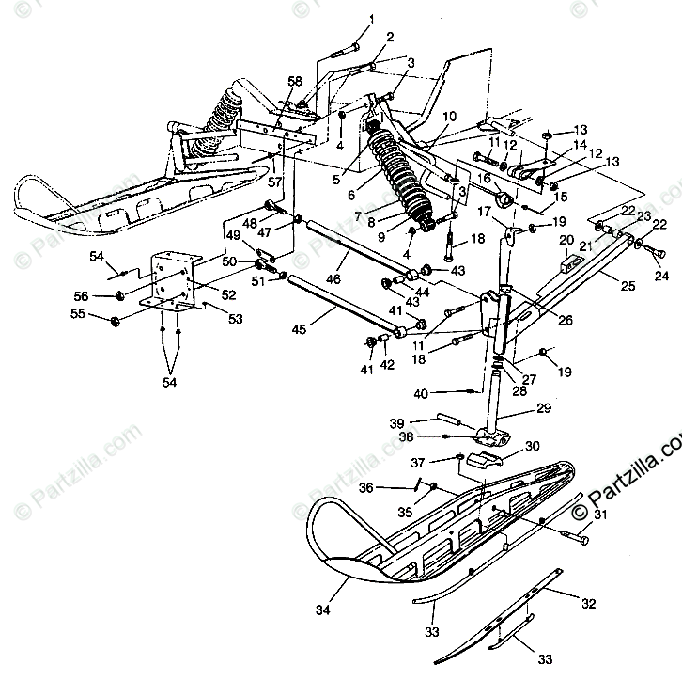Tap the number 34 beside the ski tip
point(323,611)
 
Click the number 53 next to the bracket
point(235,320)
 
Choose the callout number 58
point(296,82)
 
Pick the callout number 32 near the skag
point(589,604)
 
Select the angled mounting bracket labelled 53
point(172,281)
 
